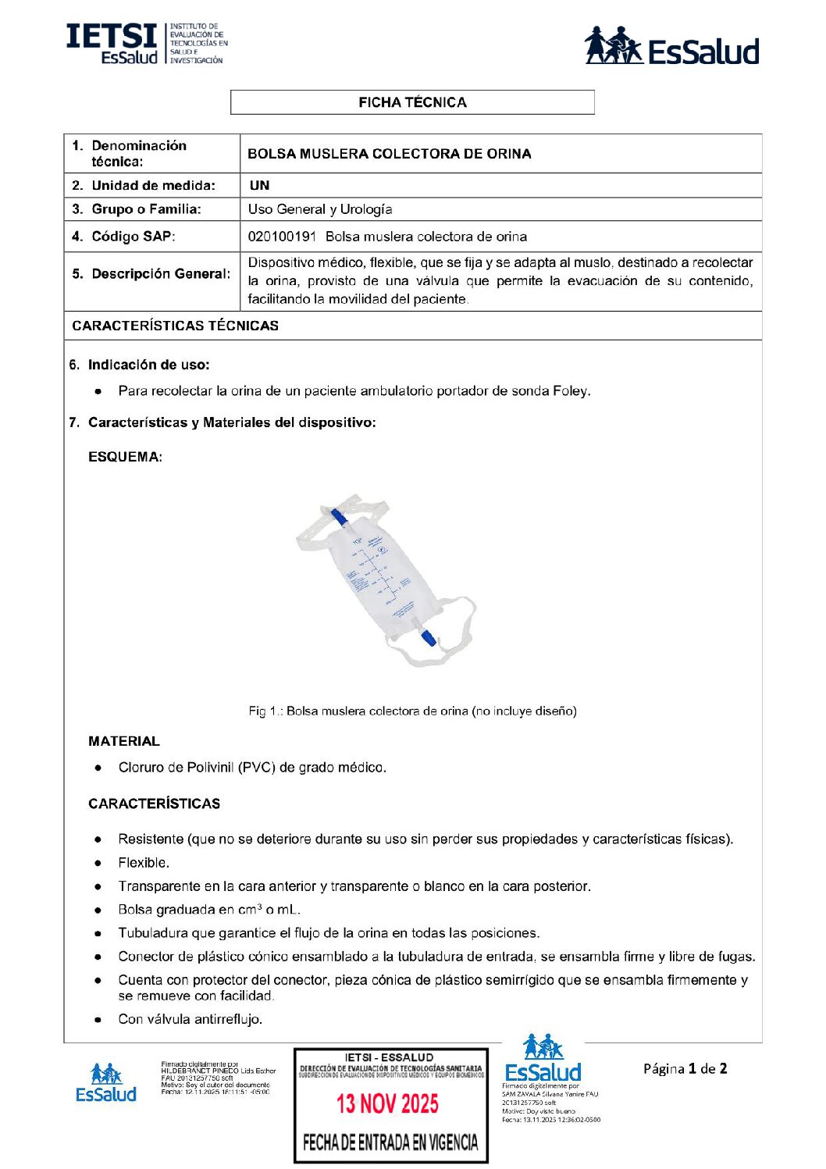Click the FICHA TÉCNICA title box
point(412,102)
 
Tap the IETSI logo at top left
point(146,44)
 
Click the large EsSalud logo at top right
point(671,47)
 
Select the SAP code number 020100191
point(282,237)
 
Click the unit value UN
point(259,186)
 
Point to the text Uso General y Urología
point(320,209)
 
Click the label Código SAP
point(133,237)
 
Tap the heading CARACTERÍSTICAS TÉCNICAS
point(175,326)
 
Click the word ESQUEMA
point(125,457)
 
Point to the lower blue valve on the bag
point(428,636)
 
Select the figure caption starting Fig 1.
point(412,711)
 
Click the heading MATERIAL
point(124,741)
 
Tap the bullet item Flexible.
point(144,863)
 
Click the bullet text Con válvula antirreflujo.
point(190,1019)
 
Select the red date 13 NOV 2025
point(387,1103)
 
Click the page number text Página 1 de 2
point(685,1069)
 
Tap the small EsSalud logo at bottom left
point(105,1082)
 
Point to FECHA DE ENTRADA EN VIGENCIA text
point(390,1143)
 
